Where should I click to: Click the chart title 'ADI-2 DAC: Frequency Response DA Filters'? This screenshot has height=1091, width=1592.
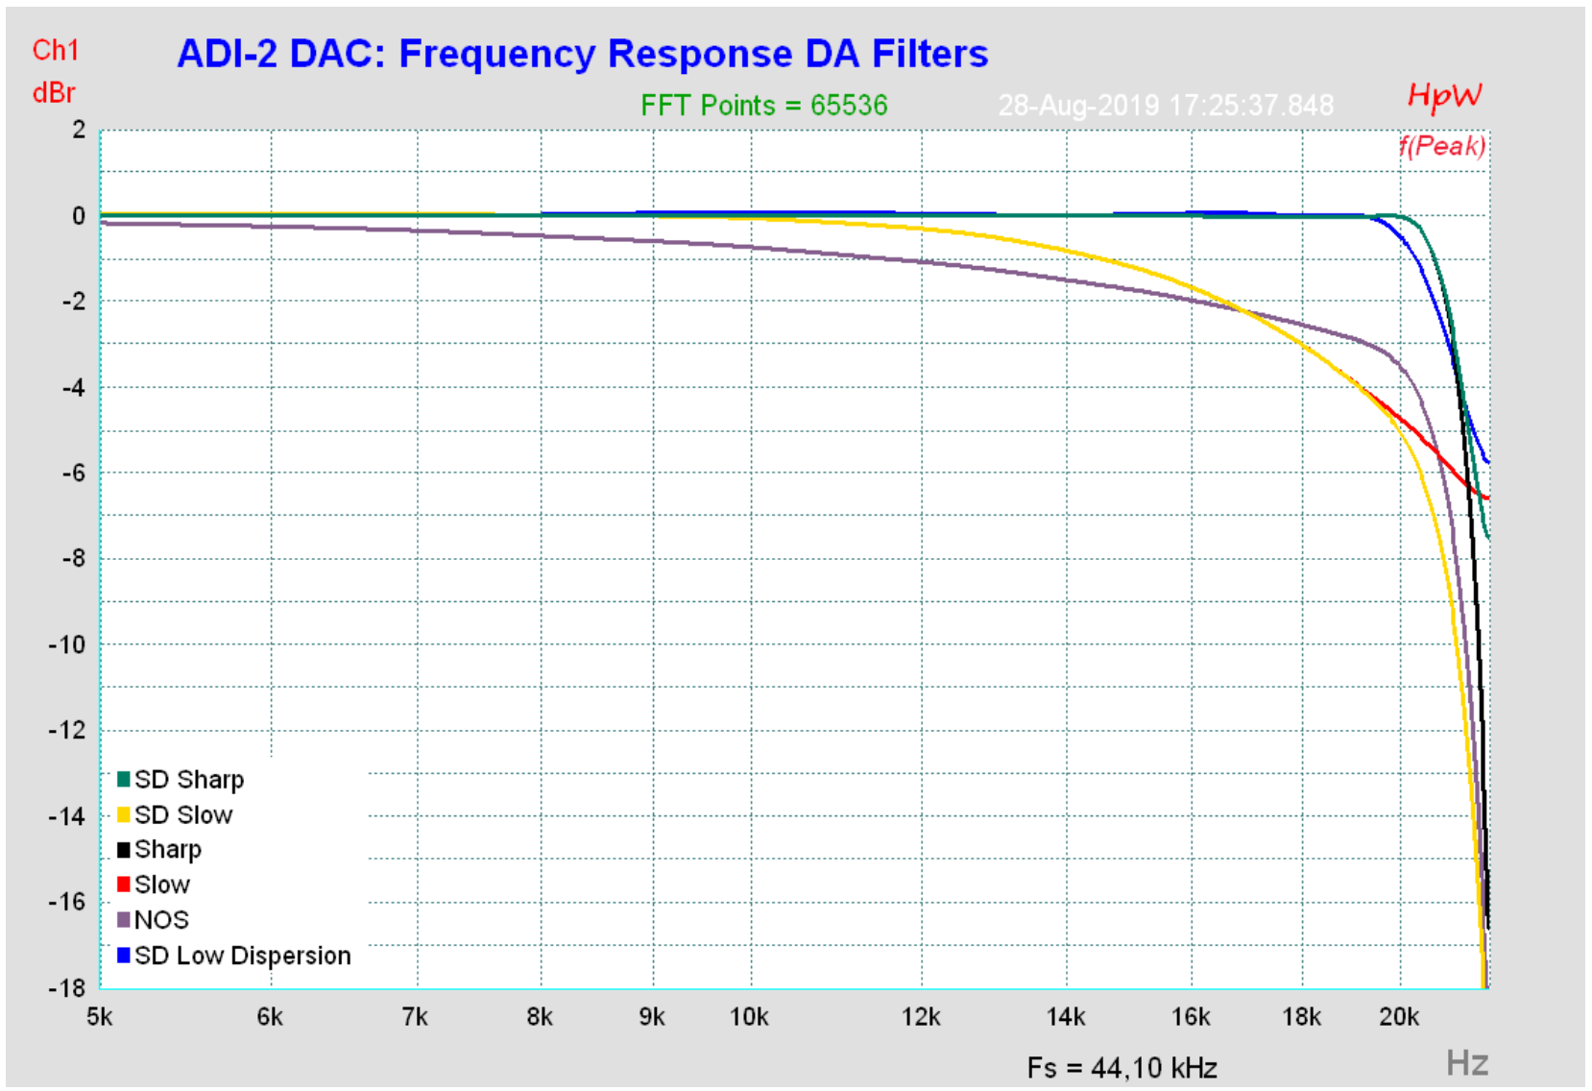pyautogui.click(x=582, y=54)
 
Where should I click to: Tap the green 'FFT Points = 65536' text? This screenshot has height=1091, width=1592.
pyautogui.click(x=763, y=105)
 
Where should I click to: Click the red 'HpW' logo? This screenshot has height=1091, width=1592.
pyautogui.click(x=1443, y=95)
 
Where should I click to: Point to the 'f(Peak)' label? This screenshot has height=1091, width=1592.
pyautogui.click(x=1441, y=146)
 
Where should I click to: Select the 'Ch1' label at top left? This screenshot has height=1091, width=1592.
pyautogui.click(x=56, y=50)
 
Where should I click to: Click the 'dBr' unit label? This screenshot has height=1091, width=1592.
pyautogui.click(x=54, y=93)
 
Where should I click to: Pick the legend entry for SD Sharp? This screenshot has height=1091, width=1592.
pyautogui.click(x=188, y=779)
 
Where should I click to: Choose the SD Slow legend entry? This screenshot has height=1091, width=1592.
pyautogui.click(x=182, y=814)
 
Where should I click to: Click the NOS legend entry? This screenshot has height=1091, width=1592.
pyautogui.click(x=160, y=920)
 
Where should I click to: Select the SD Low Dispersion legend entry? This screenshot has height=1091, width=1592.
pyautogui.click(x=242, y=956)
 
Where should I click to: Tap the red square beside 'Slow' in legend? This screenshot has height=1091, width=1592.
pyautogui.click(x=124, y=884)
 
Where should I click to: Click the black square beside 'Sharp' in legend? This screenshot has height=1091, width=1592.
pyautogui.click(x=124, y=849)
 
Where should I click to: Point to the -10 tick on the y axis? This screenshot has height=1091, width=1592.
pyautogui.click(x=67, y=644)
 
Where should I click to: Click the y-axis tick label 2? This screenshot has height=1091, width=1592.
pyautogui.click(x=79, y=130)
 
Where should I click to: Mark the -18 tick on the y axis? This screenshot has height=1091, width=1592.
pyautogui.click(x=67, y=987)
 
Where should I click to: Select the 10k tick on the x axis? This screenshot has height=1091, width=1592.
pyautogui.click(x=749, y=1017)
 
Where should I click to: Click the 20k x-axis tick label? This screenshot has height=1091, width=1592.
pyautogui.click(x=1398, y=1017)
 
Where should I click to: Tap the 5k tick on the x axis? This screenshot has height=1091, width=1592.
pyautogui.click(x=100, y=1017)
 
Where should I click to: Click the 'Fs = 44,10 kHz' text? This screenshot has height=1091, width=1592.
pyautogui.click(x=1122, y=1067)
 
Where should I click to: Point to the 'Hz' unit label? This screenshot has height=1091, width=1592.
pyautogui.click(x=1467, y=1063)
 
